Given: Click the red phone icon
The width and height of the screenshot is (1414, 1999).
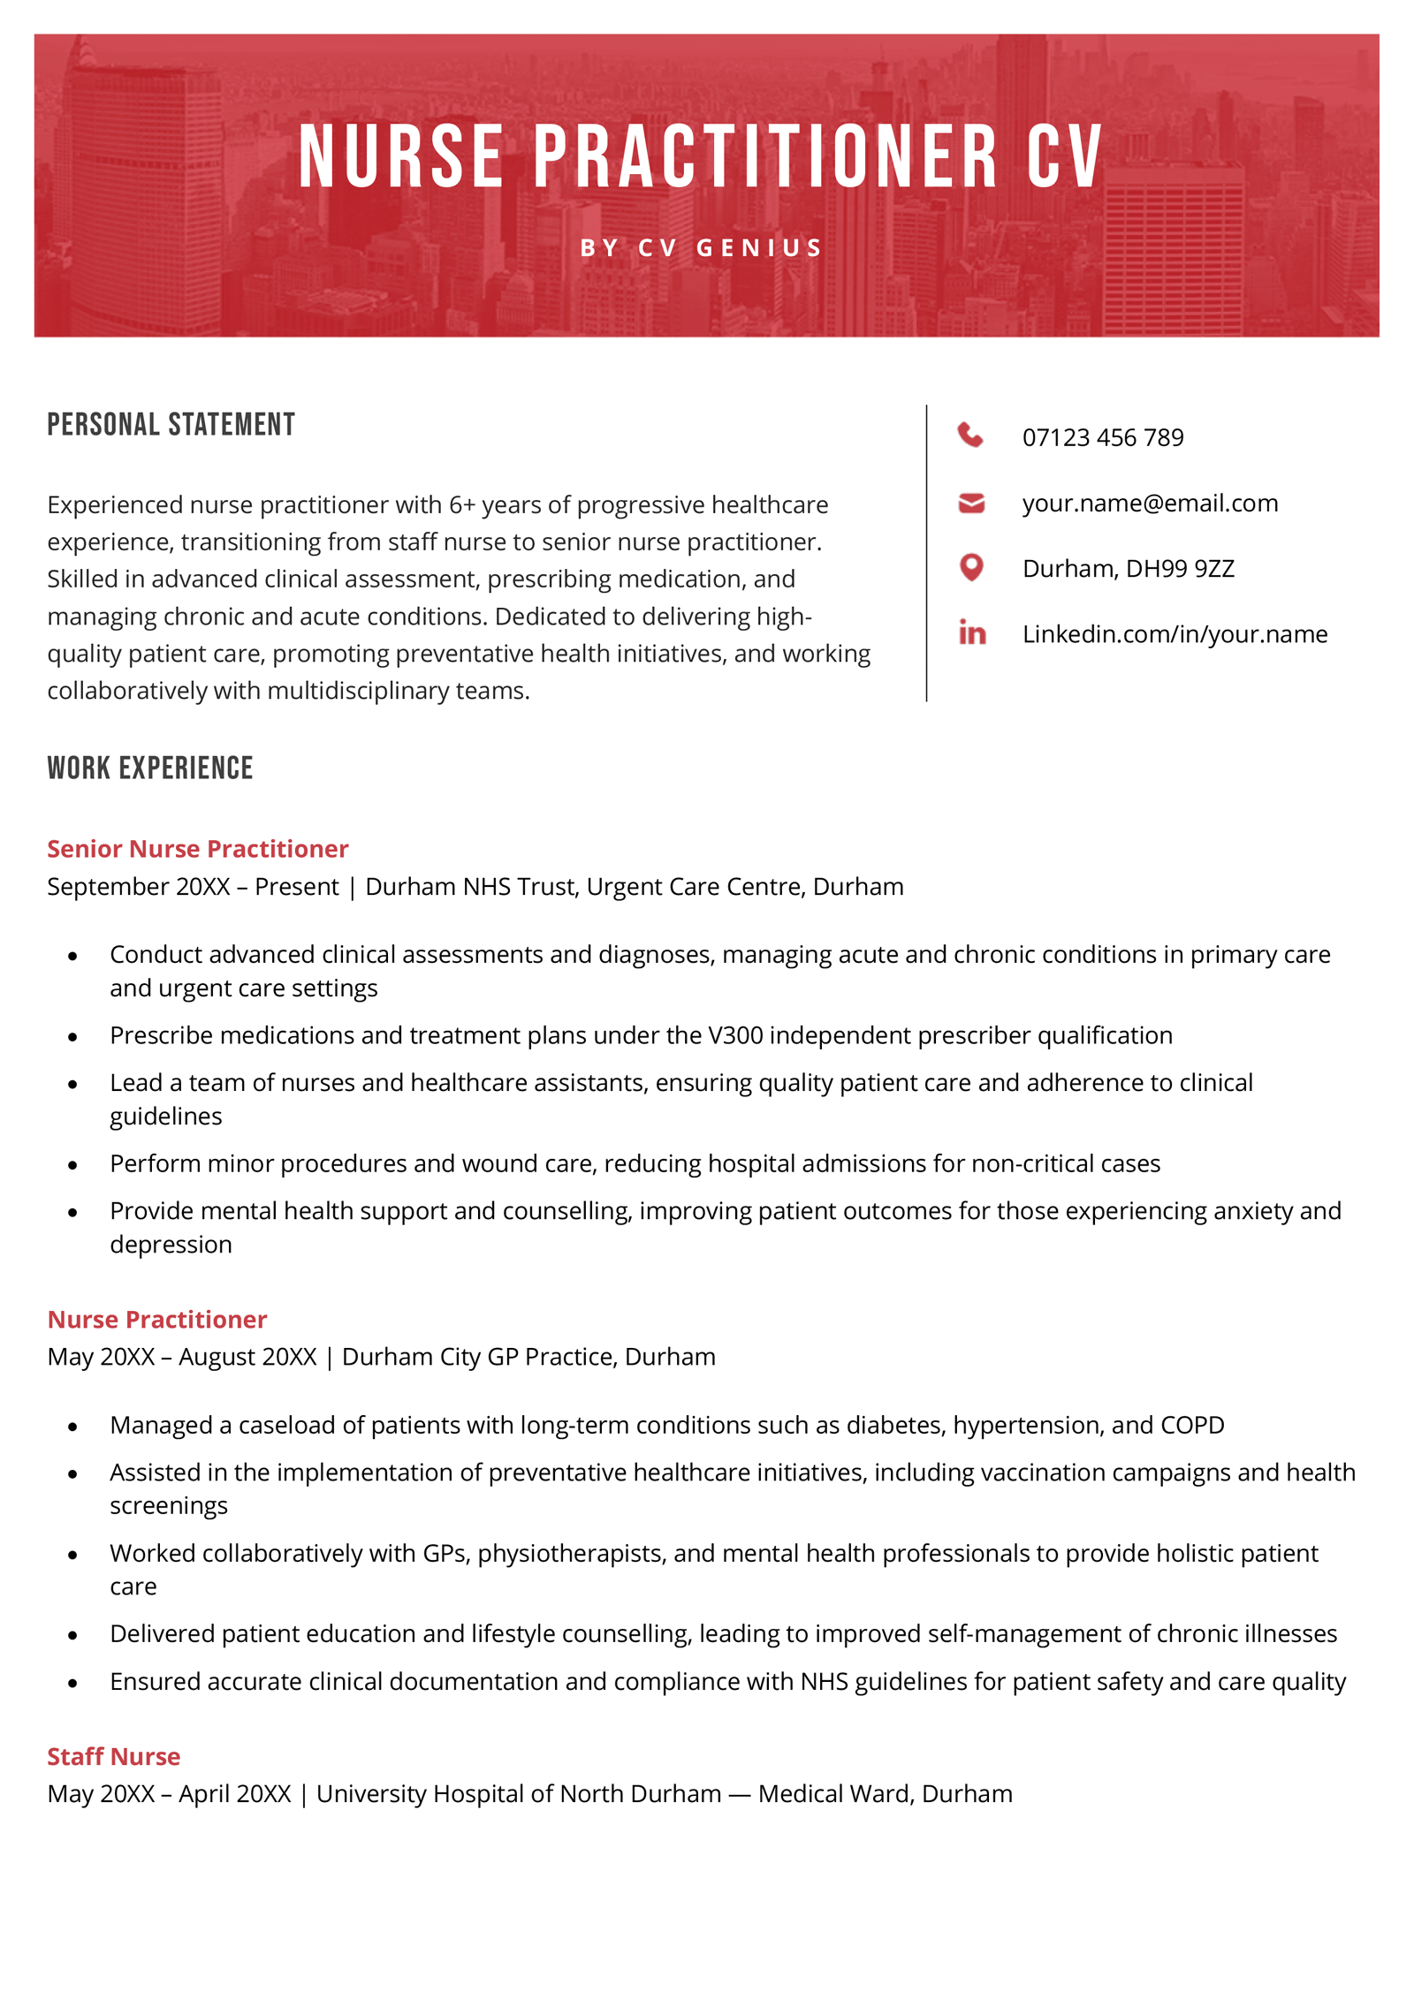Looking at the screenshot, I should pyautogui.click(x=970, y=435).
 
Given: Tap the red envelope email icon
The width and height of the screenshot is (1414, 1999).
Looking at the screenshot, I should pyautogui.click(x=971, y=504).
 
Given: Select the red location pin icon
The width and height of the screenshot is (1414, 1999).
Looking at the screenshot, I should pyautogui.click(x=971, y=567).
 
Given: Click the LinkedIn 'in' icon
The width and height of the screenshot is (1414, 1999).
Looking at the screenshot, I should pyautogui.click(x=972, y=632).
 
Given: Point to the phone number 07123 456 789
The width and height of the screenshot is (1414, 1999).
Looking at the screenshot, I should pyautogui.click(x=1102, y=437).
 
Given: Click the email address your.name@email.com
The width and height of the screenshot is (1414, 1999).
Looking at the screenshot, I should pyautogui.click(x=1150, y=504).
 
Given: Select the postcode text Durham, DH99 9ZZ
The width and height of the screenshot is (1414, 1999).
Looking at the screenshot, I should pyautogui.click(x=1128, y=569).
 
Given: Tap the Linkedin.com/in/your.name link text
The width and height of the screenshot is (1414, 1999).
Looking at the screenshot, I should pyautogui.click(x=1175, y=634).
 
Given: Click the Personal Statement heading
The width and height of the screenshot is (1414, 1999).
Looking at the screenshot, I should pyautogui.click(x=171, y=425).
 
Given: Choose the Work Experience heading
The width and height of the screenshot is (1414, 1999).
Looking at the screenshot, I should pyautogui.click(x=150, y=769).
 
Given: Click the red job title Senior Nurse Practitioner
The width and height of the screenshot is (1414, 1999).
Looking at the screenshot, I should pyautogui.click(x=198, y=849).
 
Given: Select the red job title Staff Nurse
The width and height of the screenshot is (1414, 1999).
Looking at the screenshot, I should pyautogui.click(x=114, y=1756).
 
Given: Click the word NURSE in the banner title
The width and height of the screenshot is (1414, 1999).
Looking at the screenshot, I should pyautogui.click(x=401, y=157).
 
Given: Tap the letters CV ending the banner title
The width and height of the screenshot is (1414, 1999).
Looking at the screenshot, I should pyautogui.click(x=1064, y=157).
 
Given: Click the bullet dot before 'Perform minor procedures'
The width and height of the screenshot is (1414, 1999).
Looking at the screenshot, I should pyautogui.click(x=72, y=1165).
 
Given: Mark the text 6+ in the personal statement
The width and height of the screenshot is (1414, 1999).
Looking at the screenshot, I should pyautogui.click(x=462, y=505).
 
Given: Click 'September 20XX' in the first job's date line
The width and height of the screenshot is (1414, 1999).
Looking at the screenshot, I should pyautogui.click(x=139, y=887).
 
